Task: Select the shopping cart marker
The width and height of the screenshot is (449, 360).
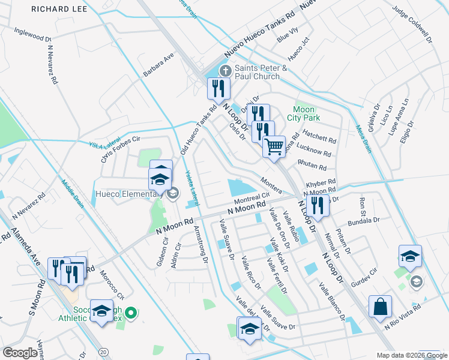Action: pos(274,146)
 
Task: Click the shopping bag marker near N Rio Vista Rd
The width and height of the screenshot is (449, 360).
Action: pos(381,307)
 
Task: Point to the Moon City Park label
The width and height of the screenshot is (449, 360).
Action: pos(304,114)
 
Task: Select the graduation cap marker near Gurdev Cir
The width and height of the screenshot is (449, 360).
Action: pos(410,257)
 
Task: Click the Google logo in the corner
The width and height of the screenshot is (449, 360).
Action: pos(20,353)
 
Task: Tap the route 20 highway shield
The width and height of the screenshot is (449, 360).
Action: pos(104,351)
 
